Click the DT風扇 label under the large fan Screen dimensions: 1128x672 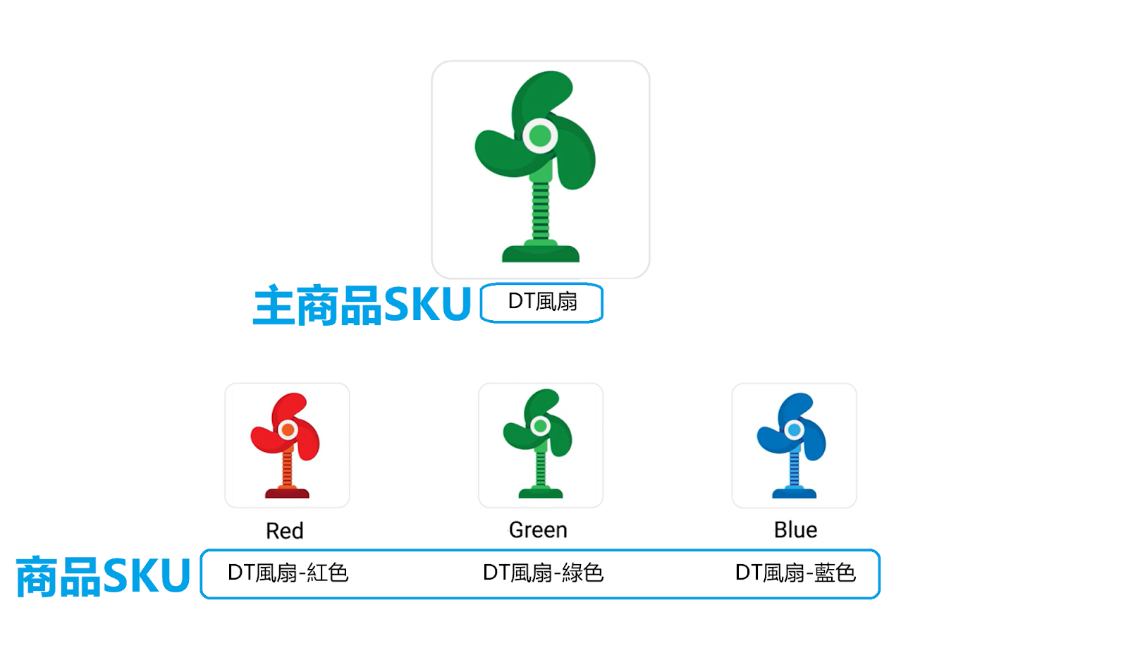(542, 302)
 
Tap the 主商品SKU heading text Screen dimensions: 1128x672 (362, 305)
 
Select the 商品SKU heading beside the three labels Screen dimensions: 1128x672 (103, 576)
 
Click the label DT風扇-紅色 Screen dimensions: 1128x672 (288, 573)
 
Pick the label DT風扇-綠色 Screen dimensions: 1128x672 (543, 573)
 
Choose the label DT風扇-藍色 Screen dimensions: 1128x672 (795, 573)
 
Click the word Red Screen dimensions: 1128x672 (285, 530)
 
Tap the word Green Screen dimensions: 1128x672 (538, 530)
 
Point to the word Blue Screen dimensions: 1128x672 (795, 530)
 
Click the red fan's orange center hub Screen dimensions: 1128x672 (288, 429)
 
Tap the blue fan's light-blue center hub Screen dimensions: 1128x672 (794, 429)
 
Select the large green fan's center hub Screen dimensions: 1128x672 (540, 135)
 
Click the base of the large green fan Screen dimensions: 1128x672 (541, 251)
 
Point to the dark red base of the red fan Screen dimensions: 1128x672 (287, 492)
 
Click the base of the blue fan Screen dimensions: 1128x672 (794, 492)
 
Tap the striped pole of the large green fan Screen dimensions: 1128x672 (541, 211)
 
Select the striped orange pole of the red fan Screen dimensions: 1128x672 (287, 469)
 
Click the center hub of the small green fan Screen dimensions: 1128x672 (540, 426)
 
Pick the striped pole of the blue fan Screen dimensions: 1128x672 (794, 469)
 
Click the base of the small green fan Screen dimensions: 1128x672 (541, 492)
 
